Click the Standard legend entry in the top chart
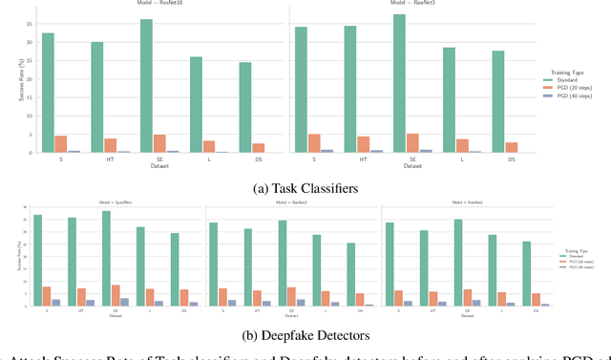coord(565,78)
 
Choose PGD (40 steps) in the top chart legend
coord(571,95)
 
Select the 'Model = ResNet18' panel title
coord(146,5)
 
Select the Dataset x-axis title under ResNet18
coord(146,166)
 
